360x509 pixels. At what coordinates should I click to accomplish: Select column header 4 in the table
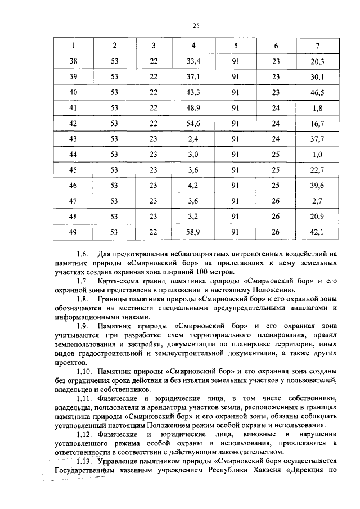[193, 45]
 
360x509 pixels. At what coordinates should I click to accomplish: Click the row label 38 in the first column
[73, 61]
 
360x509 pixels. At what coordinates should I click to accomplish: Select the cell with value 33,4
[193, 61]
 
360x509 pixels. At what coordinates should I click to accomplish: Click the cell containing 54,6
[193, 123]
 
